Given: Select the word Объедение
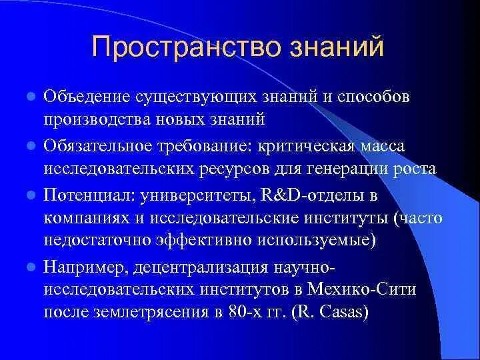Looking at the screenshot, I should (88, 97).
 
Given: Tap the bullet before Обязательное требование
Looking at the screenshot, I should (30, 145).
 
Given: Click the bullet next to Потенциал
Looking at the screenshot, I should (30, 195).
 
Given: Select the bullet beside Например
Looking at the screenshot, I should (30, 267).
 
